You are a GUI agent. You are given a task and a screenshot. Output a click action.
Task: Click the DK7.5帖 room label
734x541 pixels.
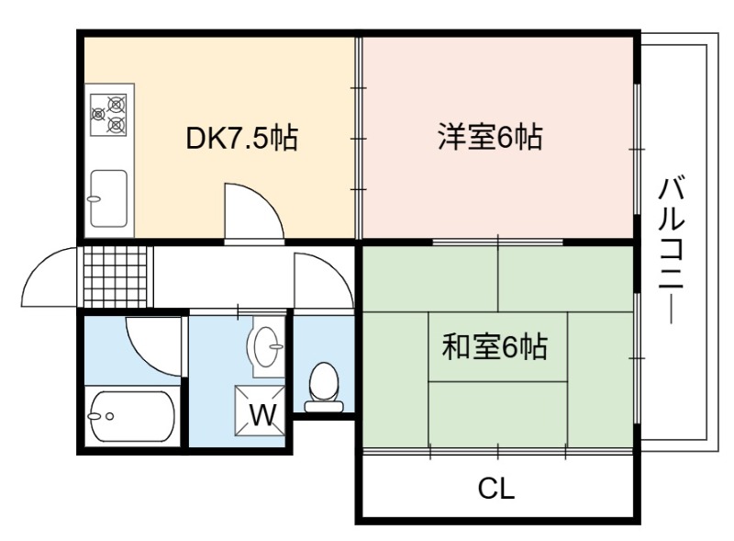tap(241, 138)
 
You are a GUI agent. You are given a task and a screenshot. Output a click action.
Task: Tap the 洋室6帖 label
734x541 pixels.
tap(490, 137)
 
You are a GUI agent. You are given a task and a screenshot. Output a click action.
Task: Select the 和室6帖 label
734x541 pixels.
tap(495, 347)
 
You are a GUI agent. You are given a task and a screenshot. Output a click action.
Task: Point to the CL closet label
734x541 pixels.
tap(495, 488)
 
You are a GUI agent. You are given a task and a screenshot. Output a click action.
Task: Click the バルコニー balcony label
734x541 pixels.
tap(672, 250)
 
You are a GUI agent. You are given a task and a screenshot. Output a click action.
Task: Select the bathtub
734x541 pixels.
tap(131, 416)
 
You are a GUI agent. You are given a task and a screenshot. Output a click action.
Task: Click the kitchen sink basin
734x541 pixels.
tap(108, 198)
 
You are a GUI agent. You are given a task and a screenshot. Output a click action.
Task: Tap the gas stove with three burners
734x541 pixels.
tap(108, 115)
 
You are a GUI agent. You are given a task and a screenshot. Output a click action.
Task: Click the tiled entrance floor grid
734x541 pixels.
tap(116, 276)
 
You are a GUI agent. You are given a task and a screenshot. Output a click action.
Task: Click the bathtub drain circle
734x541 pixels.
tap(110, 416)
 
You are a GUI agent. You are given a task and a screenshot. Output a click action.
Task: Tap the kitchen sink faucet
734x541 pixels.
tap(94, 198)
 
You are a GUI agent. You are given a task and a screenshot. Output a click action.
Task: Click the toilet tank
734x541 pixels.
tap(324, 406)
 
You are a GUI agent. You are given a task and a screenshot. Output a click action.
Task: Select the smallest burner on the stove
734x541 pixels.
tap(98, 114)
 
